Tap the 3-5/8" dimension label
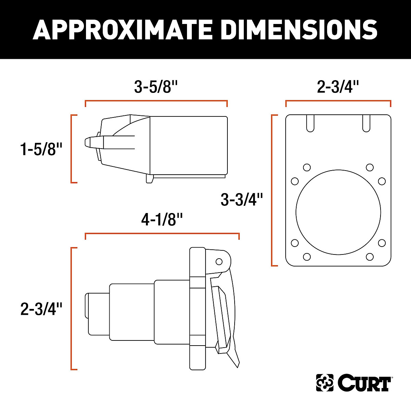(156, 87)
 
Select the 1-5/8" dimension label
(41, 149)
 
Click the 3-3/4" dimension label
(242, 200)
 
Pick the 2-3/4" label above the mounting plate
(338, 87)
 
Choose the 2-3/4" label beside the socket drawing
(41, 309)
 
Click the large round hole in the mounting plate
(338, 212)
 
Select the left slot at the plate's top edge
(310, 123)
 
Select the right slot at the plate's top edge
(366, 123)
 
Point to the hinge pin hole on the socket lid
(219, 262)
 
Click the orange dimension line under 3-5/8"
(156, 101)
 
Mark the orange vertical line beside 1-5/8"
(71, 149)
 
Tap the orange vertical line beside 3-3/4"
(272, 190)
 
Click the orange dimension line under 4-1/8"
(162, 234)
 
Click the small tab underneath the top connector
(150, 178)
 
